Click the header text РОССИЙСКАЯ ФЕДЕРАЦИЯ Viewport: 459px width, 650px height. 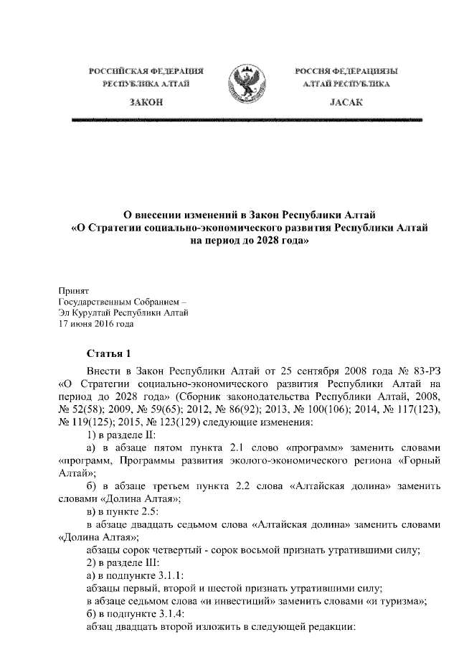(x=146, y=72)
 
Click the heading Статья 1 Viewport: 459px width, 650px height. (x=110, y=353)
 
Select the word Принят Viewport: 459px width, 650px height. (x=72, y=291)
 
